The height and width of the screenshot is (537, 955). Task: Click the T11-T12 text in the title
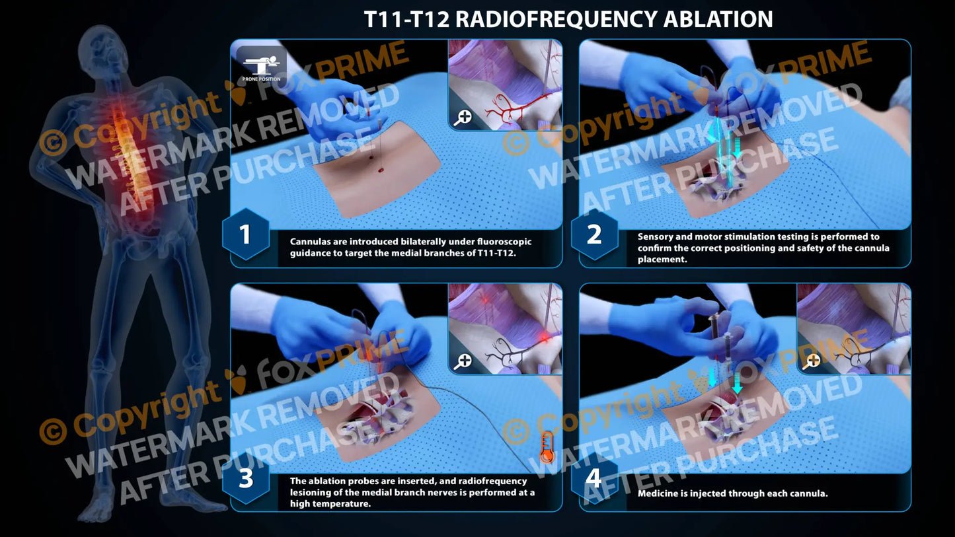pyautogui.click(x=406, y=19)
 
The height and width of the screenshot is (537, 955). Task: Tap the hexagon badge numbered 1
pyautogui.click(x=245, y=234)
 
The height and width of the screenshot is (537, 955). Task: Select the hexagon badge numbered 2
pyautogui.click(x=594, y=234)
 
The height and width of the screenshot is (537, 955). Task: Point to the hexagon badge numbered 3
pyautogui.click(x=245, y=478)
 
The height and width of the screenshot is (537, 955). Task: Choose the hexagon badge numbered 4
pyautogui.click(x=594, y=478)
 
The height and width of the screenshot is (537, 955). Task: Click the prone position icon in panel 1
pyautogui.click(x=261, y=65)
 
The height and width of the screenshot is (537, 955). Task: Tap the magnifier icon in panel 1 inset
pyautogui.click(x=463, y=117)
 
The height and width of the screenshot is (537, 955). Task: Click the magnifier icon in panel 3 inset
pyautogui.click(x=463, y=361)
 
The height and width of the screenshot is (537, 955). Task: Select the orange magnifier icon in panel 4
pyautogui.click(x=812, y=361)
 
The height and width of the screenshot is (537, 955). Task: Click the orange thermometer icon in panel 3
pyautogui.click(x=546, y=447)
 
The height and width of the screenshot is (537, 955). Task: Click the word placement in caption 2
pyautogui.click(x=662, y=260)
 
